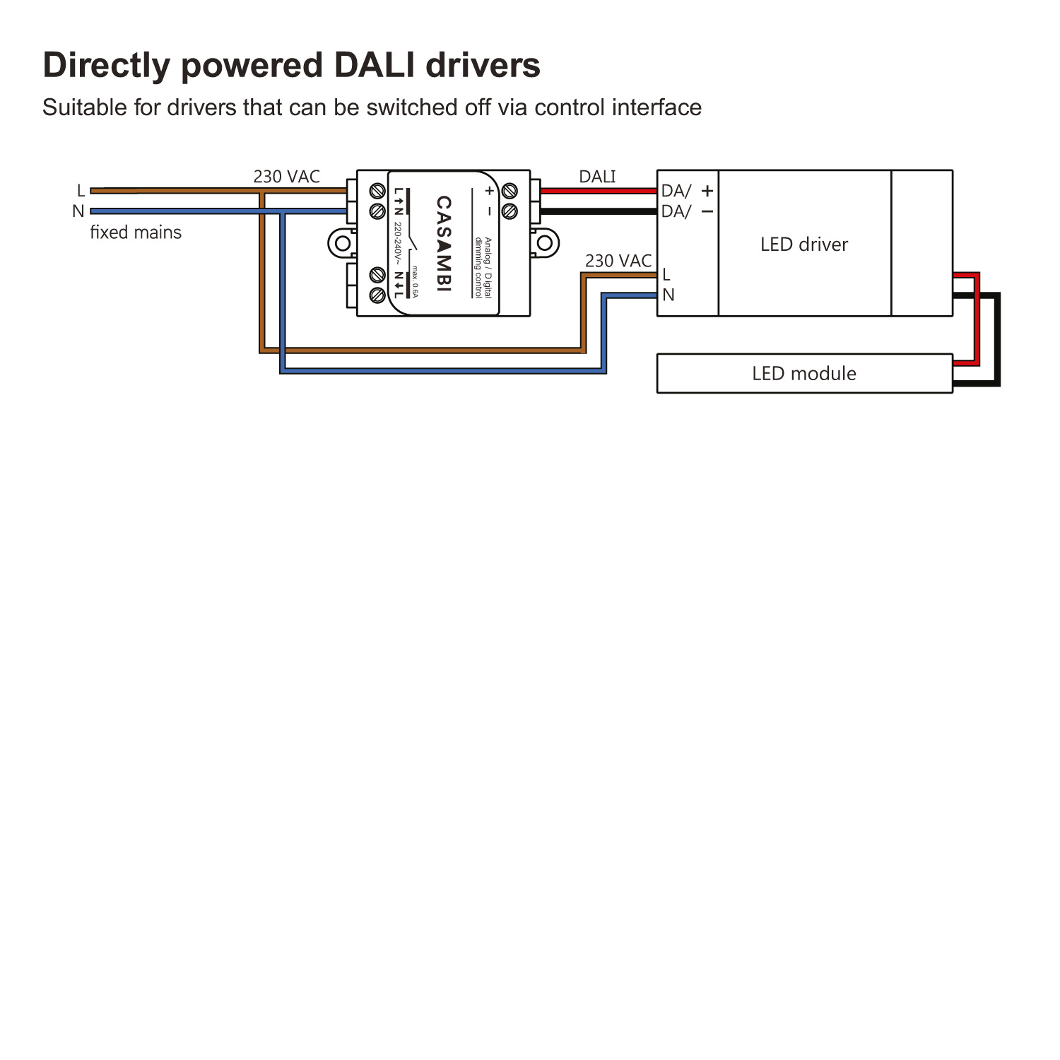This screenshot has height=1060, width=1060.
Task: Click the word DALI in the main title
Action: point(375,65)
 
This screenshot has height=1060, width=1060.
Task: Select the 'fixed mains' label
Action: point(136,232)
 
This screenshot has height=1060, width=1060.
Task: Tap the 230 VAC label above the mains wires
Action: point(286,177)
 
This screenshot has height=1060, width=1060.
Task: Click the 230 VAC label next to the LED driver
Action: point(618,261)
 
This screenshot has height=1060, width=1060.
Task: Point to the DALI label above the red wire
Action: point(597,177)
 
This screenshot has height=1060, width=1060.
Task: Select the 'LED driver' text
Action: point(803,245)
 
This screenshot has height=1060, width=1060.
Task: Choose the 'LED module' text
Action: point(803,373)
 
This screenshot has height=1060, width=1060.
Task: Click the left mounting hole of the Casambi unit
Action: point(343,244)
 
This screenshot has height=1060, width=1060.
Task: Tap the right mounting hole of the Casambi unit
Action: point(545,244)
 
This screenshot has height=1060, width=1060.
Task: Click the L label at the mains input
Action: point(81,191)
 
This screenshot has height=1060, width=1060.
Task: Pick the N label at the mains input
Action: point(78,211)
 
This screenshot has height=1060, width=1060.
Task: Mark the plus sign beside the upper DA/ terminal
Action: point(707,191)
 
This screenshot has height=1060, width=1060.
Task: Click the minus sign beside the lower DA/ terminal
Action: point(707,211)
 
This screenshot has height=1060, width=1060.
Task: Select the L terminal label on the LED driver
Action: point(666,274)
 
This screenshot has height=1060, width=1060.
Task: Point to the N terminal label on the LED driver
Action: point(668,295)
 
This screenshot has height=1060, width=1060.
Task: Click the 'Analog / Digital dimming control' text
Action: point(483,268)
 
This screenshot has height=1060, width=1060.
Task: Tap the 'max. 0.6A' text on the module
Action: point(416,281)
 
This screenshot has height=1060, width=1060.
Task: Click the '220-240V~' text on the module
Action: point(398,244)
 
